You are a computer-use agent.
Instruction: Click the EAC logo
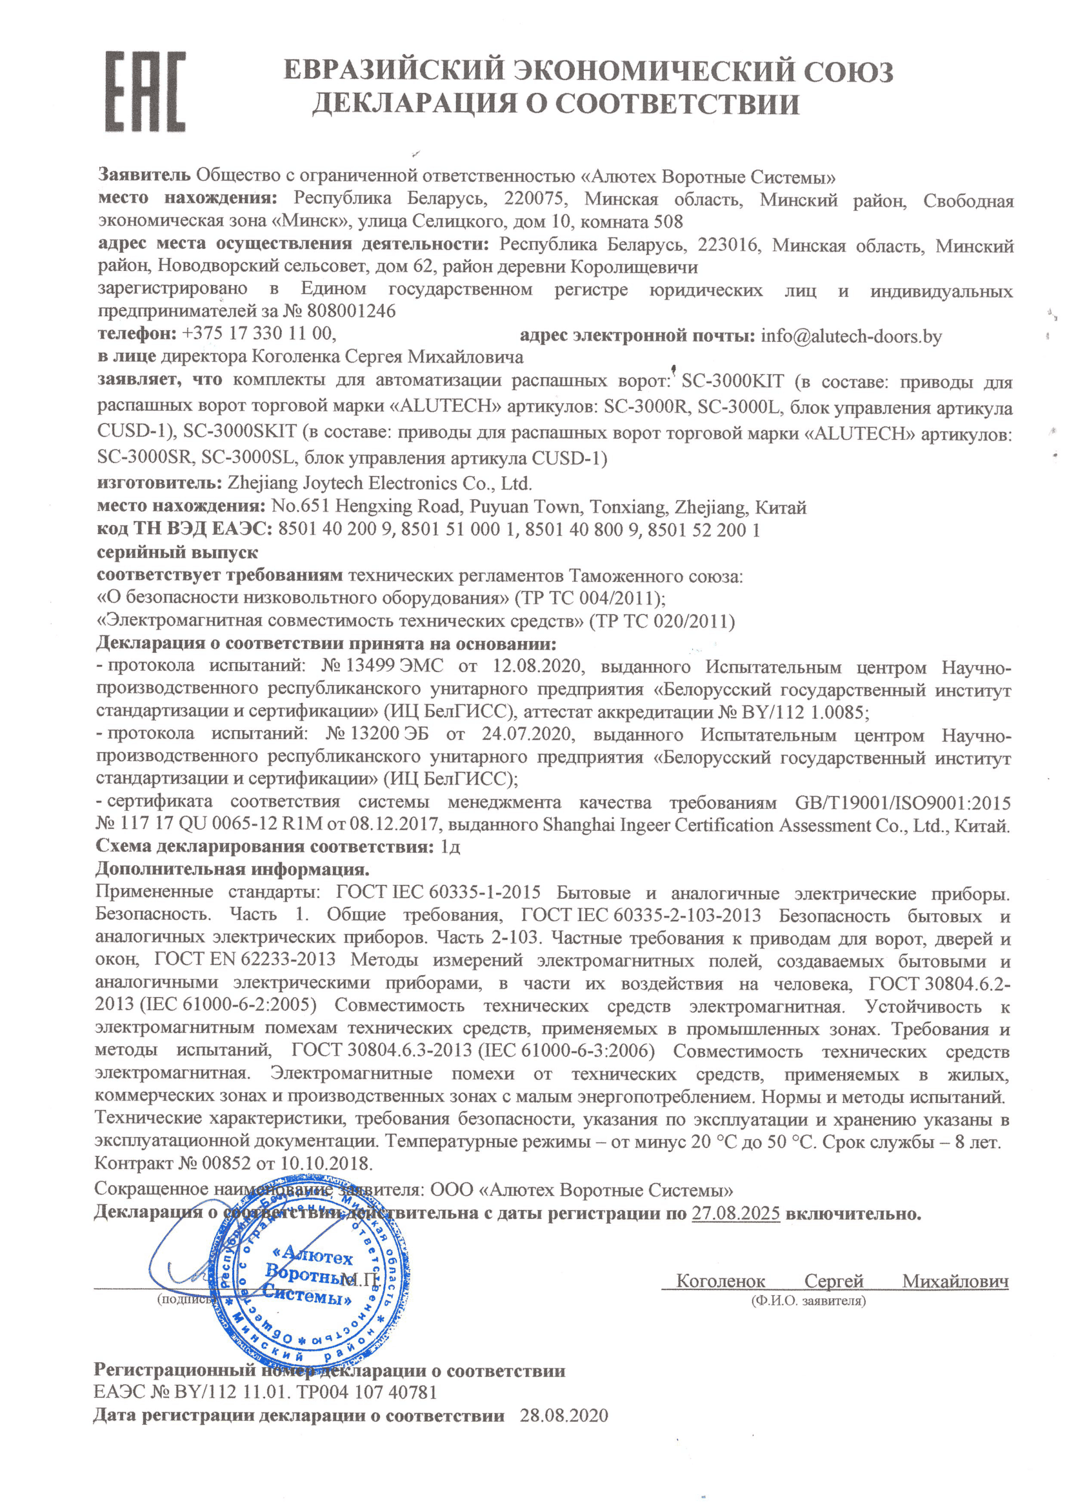point(145,92)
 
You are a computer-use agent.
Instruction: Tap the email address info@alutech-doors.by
point(851,336)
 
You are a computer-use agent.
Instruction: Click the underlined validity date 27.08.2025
point(735,1213)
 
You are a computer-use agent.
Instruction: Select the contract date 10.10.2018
point(326,1163)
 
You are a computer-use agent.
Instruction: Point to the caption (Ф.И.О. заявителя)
point(808,1300)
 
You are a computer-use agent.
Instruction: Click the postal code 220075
point(533,199)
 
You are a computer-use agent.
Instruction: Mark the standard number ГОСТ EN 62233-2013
point(244,960)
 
